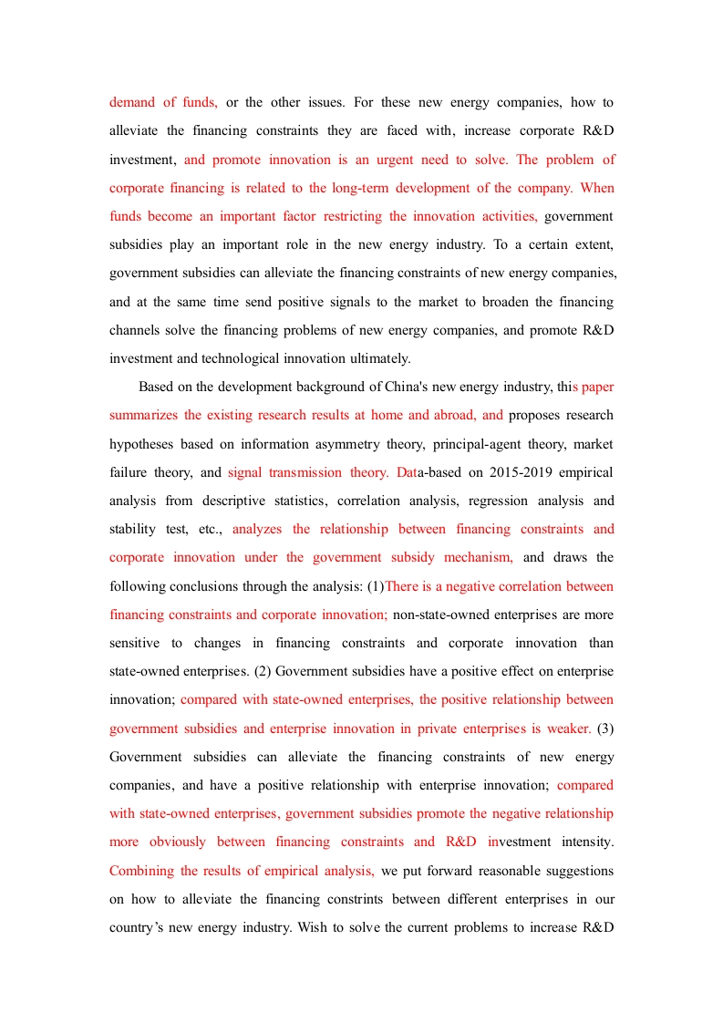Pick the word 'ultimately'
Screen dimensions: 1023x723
click(377, 358)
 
